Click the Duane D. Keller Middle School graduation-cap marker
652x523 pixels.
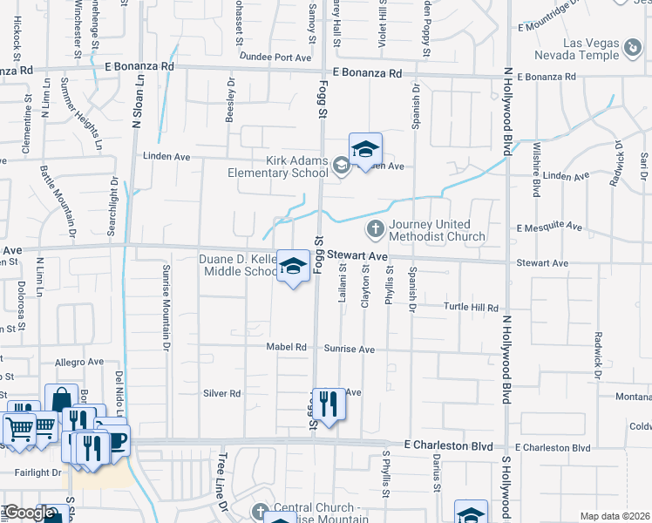coord(293,267)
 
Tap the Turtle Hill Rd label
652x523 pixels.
coord(471,308)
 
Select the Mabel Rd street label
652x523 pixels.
coord(288,347)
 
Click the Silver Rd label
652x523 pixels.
coord(221,393)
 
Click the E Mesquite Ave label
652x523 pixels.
coord(548,227)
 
